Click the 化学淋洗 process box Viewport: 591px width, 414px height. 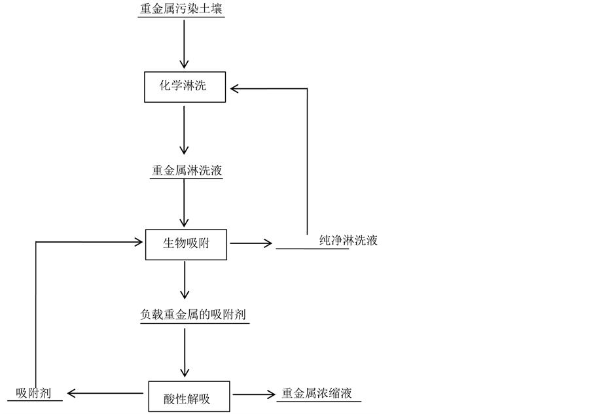(185, 86)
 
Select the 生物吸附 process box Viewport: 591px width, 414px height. (186, 243)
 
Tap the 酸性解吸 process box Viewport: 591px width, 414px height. (188, 396)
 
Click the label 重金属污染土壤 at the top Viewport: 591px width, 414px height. (182, 10)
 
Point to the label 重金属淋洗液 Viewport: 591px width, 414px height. (187, 171)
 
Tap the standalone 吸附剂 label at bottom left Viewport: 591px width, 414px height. (33, 393)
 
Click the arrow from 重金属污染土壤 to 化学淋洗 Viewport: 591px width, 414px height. (185, 43)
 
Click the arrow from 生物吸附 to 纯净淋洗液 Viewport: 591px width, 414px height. (251, 243)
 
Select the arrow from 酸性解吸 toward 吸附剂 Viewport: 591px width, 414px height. (105, 394)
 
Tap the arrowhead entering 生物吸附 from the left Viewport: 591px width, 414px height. (138, 242)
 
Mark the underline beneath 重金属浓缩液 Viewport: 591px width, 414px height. (319, 402)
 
